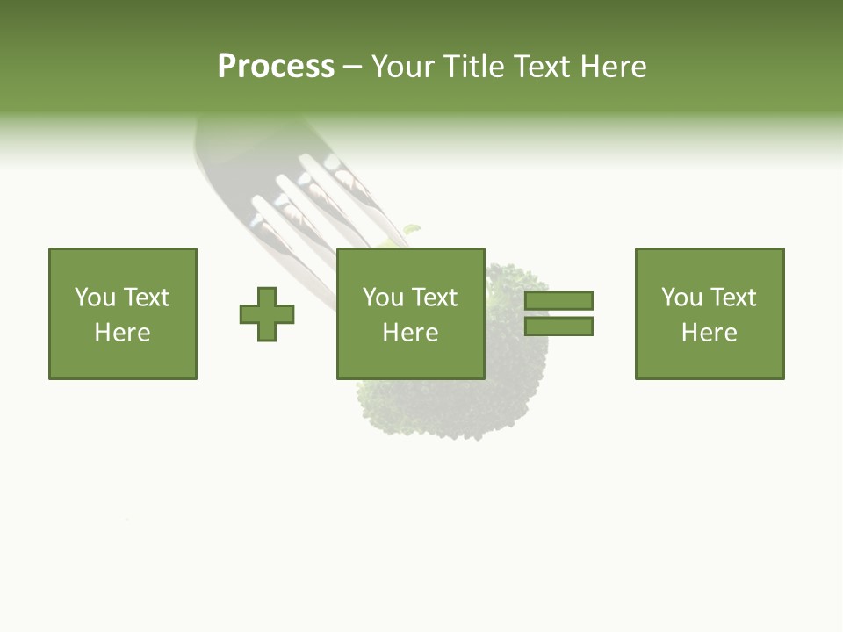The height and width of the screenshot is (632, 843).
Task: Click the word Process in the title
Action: (276, 67)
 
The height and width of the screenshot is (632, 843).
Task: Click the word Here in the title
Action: (615, 67)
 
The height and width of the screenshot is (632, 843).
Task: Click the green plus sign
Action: (267, 314)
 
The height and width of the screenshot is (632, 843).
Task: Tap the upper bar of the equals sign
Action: (559, 300)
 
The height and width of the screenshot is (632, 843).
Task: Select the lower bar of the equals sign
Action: (559, 327)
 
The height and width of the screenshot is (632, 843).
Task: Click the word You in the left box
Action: (95, 298)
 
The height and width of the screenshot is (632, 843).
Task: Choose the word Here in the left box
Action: (122, 333)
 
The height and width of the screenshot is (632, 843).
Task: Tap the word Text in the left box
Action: (145, 298)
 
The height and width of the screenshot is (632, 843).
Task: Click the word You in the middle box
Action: (383, 298)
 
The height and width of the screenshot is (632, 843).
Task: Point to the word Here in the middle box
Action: (410, 333)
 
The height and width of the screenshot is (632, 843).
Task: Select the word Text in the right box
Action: (731, 298)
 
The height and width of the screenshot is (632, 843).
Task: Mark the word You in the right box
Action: (681, 298)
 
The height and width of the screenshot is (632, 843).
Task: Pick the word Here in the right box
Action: (709, 333)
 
